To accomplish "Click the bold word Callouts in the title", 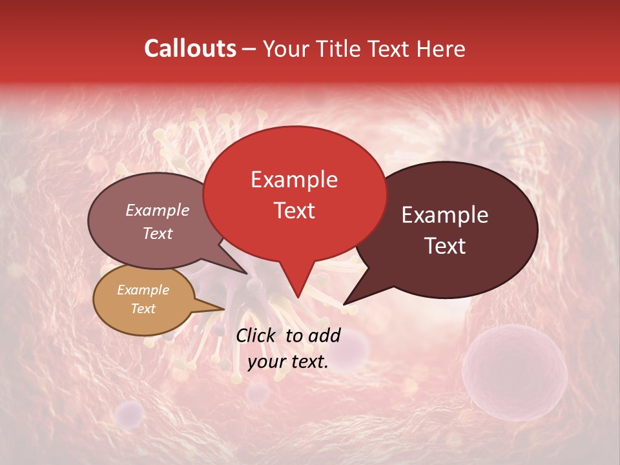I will [x=190, y=48].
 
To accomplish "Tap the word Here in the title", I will [x=439, y=48].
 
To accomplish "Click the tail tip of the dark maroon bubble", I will [x=345, y=303].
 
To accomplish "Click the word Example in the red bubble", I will [x=294, y=180].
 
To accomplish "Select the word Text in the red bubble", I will [x=294, y=211].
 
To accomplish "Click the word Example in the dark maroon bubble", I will [x=445, y=215].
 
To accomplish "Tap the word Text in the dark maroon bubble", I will [x=445, y=246].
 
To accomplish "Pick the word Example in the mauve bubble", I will [x=157, y=210].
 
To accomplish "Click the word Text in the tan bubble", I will [x=143, y=309].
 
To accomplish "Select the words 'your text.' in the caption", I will [x=288, y=362].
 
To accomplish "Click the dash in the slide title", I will [x=249, y=49].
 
